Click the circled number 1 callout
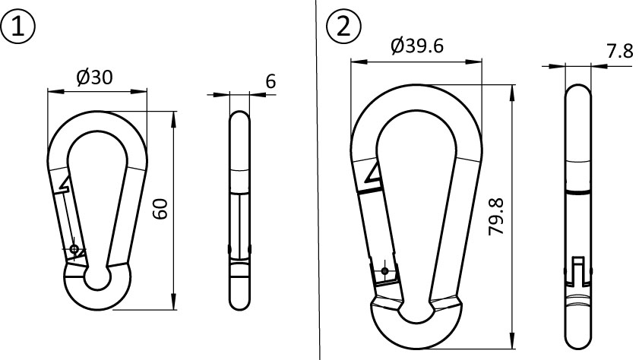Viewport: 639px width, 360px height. (18, 27)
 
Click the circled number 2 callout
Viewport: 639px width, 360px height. (344, 27)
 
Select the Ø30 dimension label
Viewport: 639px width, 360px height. (94, 77)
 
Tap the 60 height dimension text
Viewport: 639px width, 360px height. (161, 209)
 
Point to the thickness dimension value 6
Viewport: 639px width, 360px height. (270, 81)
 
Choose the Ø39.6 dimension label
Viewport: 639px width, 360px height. (417, 46)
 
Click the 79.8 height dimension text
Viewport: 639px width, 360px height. (496, 216)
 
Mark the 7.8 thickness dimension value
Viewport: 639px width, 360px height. (620, 52)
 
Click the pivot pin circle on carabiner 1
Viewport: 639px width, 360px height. (74, 248)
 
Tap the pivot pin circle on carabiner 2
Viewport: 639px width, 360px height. (384, 270)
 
